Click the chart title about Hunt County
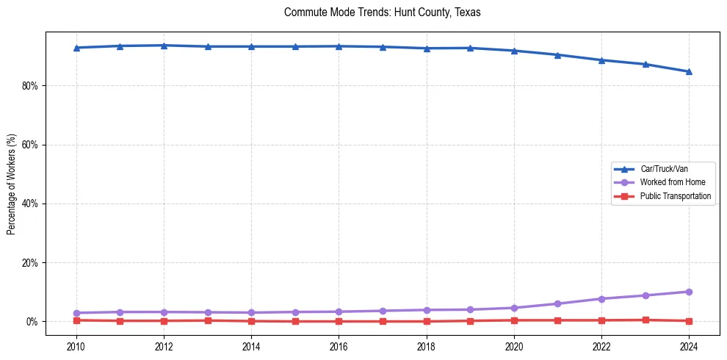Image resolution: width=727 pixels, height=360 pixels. [382, 12]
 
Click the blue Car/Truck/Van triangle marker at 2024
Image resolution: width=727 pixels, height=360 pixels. [689, 71]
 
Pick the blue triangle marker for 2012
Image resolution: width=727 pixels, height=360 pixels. [164, 46]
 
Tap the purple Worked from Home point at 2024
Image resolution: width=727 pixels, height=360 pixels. [689, 292]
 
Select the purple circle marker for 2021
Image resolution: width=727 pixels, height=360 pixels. [557, 303]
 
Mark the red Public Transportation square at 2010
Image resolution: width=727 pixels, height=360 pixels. [76, 320]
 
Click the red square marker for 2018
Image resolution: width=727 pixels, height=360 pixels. [427, 321]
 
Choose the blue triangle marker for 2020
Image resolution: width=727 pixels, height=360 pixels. [514, 51]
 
